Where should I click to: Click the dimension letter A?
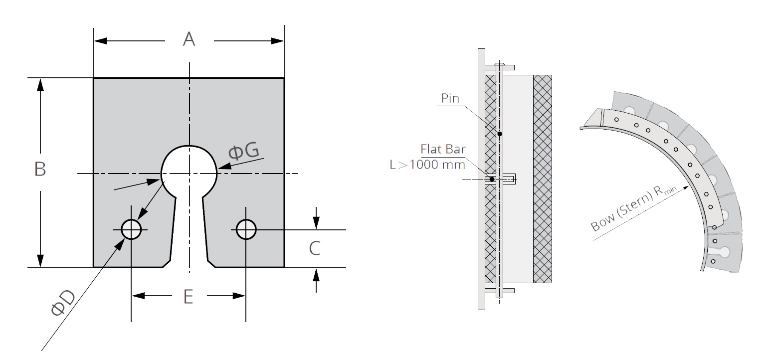click(x=189, y=39)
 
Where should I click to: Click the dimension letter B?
click(x=40, y=169)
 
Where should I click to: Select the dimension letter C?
click(x=314, y=248)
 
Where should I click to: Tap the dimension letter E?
click(x=188, y=297)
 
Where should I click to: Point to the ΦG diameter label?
click(x=243, y=151)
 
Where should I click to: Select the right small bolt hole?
click(x=246, y=229)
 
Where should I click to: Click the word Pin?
click(x=450, y=98)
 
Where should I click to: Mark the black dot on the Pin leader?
click(x=499, y=134)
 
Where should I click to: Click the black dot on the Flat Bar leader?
click(x=492, y=179)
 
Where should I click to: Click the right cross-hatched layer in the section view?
click(x=543, y=179)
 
